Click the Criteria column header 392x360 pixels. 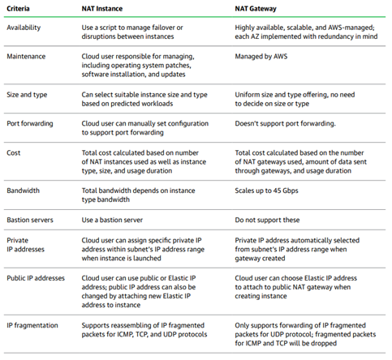(18, 9)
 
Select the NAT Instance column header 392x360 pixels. (102, 9)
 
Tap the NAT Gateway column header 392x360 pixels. (256, 9)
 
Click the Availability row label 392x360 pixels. (24, 28)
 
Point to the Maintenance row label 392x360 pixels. (26, 57)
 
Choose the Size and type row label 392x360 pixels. (27, 95)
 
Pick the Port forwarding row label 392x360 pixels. (30, 124)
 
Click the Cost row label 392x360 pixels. (14, 153)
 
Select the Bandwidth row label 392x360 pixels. (23, 191)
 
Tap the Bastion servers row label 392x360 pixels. (30, 220)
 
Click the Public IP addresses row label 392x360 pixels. (36, 278)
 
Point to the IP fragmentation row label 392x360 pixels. (32, 325)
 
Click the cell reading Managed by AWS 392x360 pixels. (261, 57)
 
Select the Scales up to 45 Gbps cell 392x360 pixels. (266, 191)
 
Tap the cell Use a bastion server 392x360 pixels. (112, 220)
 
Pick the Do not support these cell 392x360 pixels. (267, 220)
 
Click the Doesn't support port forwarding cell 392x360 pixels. (285, 124)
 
